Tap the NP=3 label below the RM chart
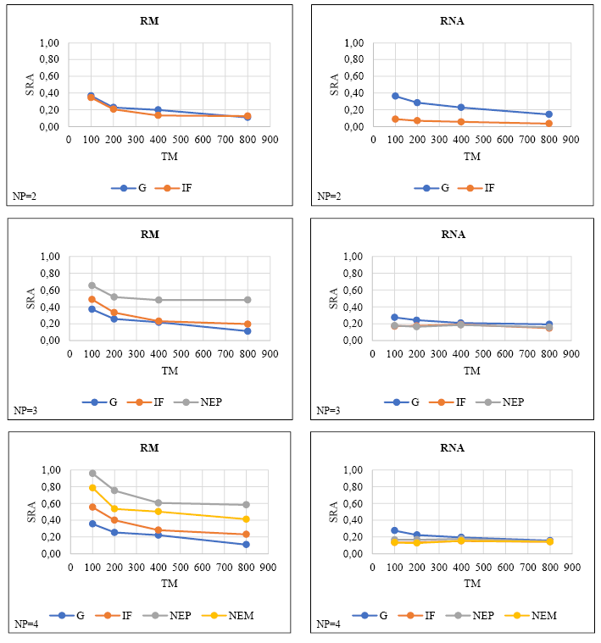click(25, 411)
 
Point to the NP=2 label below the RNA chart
click(329, 197)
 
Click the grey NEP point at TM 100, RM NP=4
click(92, 474)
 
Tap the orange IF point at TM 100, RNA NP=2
click(395, 119)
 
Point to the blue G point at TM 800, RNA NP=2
click(548, 114)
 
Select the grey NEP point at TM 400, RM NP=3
click(159, 300)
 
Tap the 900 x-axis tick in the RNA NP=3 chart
click(570, 354)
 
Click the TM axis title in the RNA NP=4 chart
click(471, 584)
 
